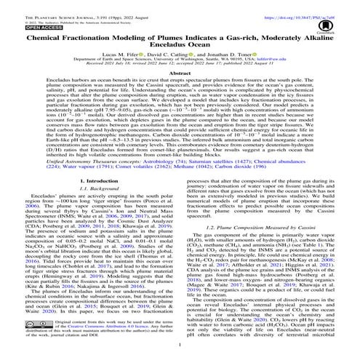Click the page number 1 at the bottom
tap(180, 348)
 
